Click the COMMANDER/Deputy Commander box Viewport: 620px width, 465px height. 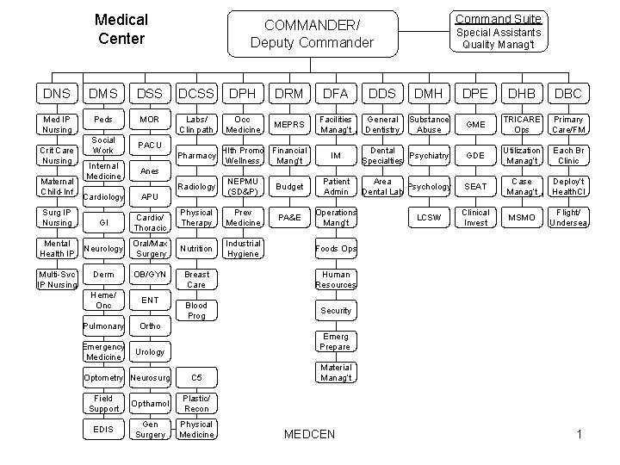pos(311,34)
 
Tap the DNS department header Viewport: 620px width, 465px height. pos(57,91)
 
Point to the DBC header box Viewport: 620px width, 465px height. pos(568,91)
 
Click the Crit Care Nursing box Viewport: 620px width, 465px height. pos(57,156)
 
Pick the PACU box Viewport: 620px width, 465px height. pos(150,144)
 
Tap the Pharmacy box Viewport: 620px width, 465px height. pos(196,156)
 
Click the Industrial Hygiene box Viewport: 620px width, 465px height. pos(243,248)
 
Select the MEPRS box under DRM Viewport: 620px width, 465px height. pos(289,124)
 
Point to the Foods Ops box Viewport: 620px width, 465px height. pos(336,248)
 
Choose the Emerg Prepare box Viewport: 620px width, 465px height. pos(336,341)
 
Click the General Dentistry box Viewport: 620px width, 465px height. pos(382,124)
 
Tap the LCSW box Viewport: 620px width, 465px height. pos(429,217)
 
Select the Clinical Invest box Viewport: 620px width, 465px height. pos(475,217)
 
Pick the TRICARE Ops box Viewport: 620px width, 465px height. pos(522,124)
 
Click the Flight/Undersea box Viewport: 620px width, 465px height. pos(568,217)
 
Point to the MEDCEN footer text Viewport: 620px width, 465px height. pos(310,433)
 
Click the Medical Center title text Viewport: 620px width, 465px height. pos(121,28)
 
